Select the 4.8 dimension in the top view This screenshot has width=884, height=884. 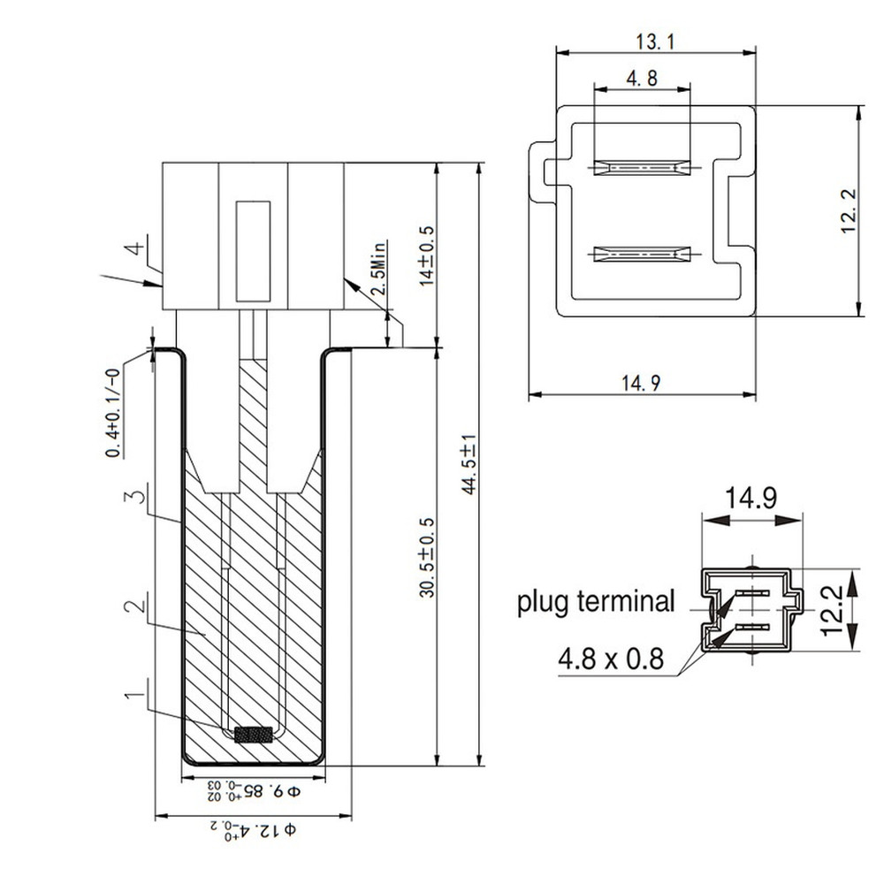pyautogui.click(x=642, y=79)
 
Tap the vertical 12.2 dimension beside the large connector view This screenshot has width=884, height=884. pyautogui.click(x=850, y=211)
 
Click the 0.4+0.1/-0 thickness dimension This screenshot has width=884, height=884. pyautogui.click(x=115, y=414)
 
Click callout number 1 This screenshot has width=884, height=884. pyautogui.click(x=133, y=698)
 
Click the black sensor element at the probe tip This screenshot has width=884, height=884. pyautogui.click(x=254, y=734)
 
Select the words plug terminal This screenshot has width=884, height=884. pyautogui.click(x=596, y=603)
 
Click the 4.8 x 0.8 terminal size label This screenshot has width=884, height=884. pyautogui.click(x=610, y=659)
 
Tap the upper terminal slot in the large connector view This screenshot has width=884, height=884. pyautogui.click(x=642, y=167)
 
